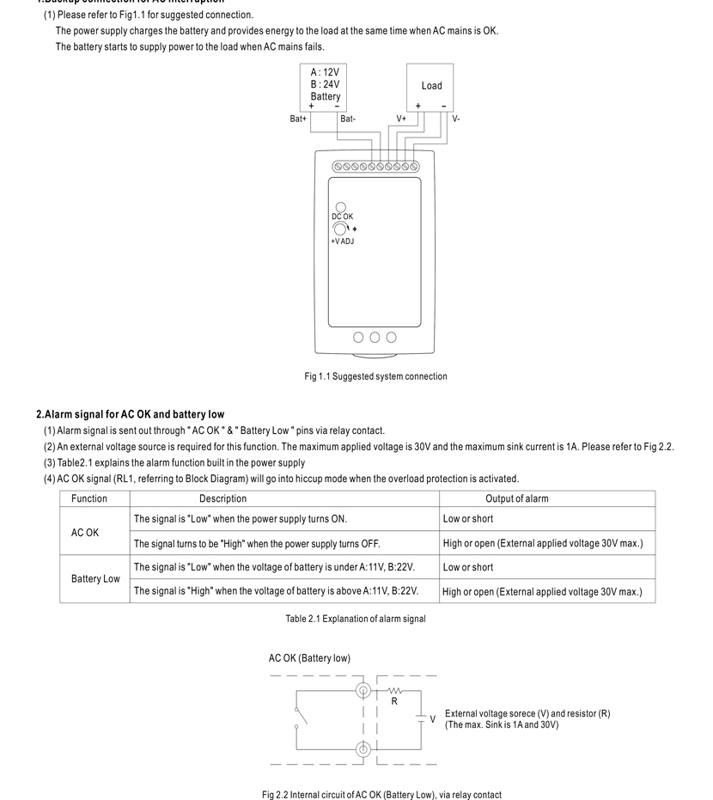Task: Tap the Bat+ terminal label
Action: tap(298, 119)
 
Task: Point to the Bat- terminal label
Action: tap(348, 119)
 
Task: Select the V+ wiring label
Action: tap(401, 119)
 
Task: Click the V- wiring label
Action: tap(456, 119)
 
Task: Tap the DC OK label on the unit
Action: tap(342, 217)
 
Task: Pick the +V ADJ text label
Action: tap(342, 241)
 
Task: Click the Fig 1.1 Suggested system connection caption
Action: tap(375, 376)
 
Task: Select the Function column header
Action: tap(89, 498)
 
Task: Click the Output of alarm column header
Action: tap(516, 498)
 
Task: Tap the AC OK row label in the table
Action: tap(85, 533)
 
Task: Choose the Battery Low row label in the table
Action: tap(95, 578)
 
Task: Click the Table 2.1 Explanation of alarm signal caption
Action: tap(356, 619)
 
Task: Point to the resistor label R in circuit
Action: tap(394, 701)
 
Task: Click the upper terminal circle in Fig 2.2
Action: tap(363, 691)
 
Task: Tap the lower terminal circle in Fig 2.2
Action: tap(363, 749)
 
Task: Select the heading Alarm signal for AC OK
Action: tap(130, 414)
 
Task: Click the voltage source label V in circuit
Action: tap(432, 719)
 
